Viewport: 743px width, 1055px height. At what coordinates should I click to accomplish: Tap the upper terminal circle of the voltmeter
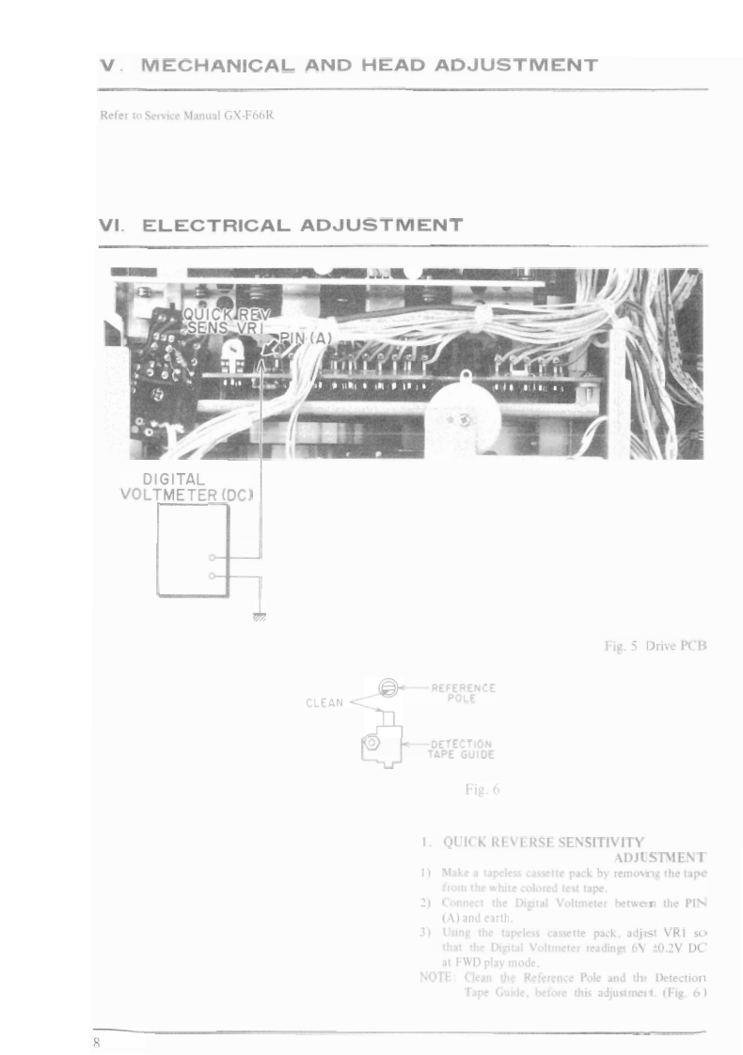(x=213, y=558)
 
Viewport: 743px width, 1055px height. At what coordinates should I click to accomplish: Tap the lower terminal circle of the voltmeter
(x=213, y=575)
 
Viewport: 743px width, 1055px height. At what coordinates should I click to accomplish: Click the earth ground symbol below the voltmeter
(x=260, y=616)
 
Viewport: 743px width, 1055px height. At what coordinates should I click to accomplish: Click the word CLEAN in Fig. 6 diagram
(x=325, y=701)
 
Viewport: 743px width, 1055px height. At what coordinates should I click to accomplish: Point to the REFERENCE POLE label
(x=464, y=694)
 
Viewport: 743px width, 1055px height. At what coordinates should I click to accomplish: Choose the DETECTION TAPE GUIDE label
(x=462, y=748)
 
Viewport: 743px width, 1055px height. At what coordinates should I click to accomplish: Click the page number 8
(x=96, y=1043)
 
